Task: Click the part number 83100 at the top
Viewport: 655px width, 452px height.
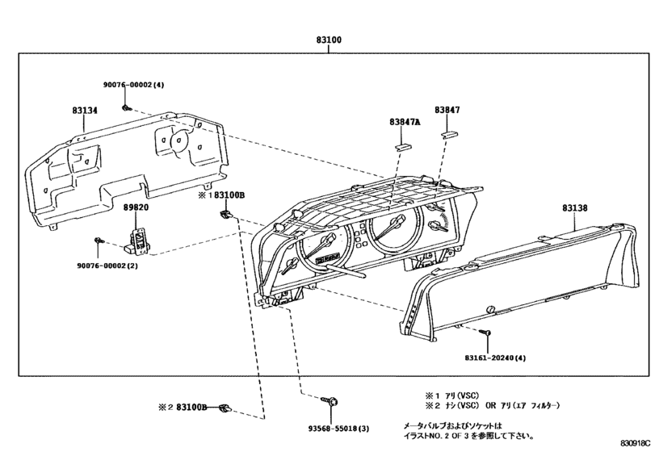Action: pos(328,38)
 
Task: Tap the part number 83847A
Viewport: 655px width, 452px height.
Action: pos(405,122)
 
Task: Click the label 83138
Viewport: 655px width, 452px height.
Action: pos(575,207)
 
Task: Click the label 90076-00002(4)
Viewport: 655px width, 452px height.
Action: pos(132,85)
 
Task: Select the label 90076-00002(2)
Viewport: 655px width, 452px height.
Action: pos(108,265)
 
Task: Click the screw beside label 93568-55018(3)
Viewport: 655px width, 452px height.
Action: pos(332,400)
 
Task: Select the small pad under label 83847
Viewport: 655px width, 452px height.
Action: pos(450,136)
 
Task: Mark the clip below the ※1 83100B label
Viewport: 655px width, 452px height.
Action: pos(226,214)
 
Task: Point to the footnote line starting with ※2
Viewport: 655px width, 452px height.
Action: pos(492,405)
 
